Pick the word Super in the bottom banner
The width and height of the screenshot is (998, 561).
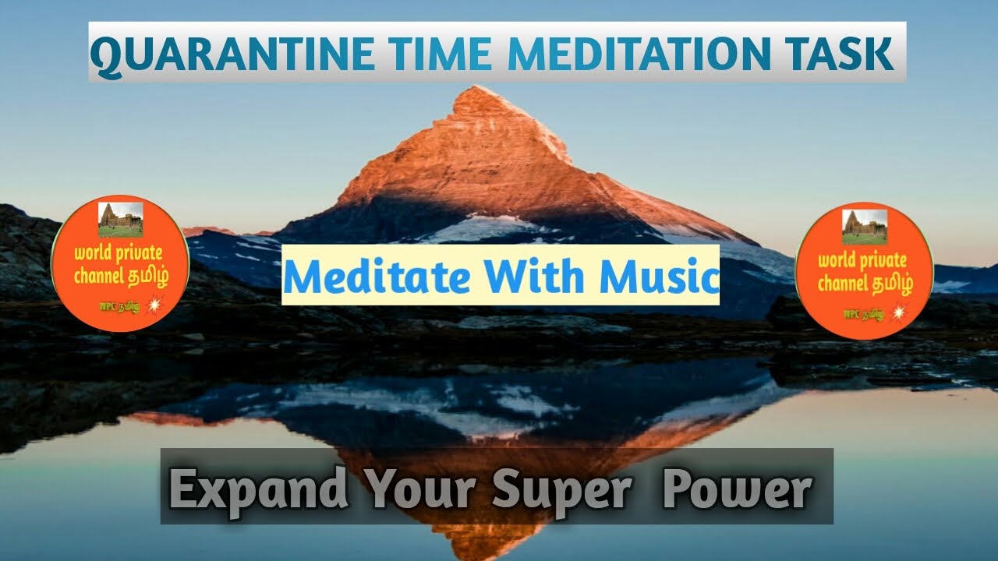click(x=561, y=489)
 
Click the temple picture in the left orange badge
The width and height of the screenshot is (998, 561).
click(x=121, y=219)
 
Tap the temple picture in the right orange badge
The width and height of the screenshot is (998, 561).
click(x=865, y=227)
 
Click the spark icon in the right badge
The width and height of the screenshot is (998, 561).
click(x=899, y=312)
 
